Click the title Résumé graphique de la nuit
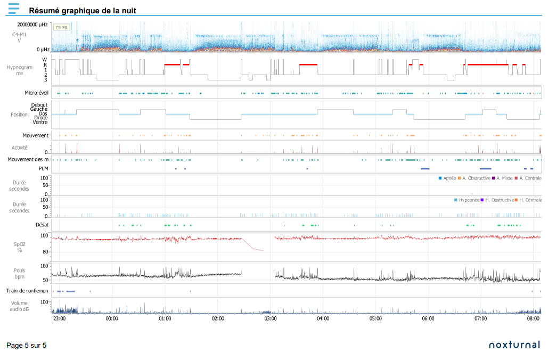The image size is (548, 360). (x=83, y=11)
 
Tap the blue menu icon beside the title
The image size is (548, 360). (x=14, y=9)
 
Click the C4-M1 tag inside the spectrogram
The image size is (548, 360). (x=62, y=27)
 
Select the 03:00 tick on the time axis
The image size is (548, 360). (x=271, y=318)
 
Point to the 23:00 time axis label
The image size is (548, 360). (x=60, y=318)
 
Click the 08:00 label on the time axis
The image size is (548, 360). (x=533, y=318)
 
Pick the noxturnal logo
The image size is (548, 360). (x=514, y=345)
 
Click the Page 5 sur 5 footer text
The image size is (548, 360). (x=26, y=345)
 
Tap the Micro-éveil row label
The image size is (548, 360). (x=36, y=93)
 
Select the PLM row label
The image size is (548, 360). (x=43, y=168)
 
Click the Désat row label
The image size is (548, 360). (x=42, y=225)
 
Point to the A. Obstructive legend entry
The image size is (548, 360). (x=474, y=178)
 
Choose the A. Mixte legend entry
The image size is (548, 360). (x=502, y=178)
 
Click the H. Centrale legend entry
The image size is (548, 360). (x=528, y=200)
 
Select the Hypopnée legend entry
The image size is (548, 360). (x=467, y=200)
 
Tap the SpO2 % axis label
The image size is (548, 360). (x=20, y=247)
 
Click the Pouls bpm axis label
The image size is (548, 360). (x=20, y=273)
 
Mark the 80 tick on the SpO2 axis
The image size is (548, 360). (x=45, y=252)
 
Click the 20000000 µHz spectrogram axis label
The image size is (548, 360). (x=32, y=24)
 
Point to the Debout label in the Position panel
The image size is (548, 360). (x=39, y=105)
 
